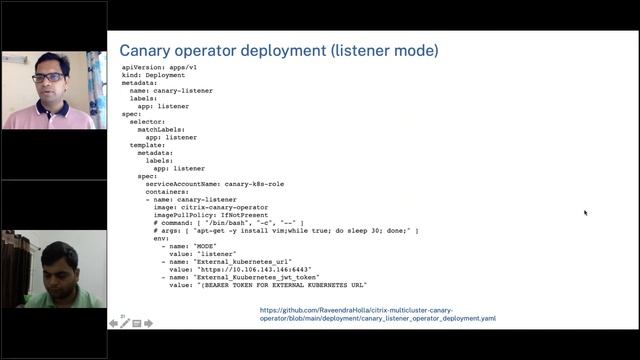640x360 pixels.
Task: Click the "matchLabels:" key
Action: pos(161,129)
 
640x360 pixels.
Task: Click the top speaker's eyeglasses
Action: pos(47,76)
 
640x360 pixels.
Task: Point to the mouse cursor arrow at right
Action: pos(585,212)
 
